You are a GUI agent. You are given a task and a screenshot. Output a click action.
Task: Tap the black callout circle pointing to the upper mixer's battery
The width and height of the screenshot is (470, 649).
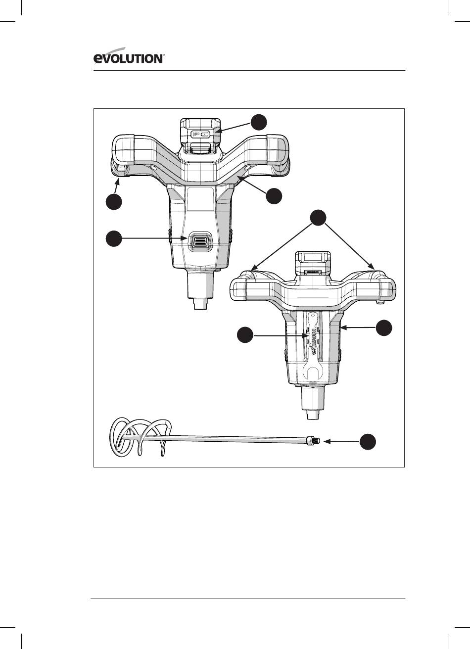coord(259,122)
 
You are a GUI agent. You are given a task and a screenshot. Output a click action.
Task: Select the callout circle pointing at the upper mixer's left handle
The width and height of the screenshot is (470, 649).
coord(114,202)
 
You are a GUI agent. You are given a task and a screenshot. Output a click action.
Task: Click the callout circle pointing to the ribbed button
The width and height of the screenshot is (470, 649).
coord(114,238)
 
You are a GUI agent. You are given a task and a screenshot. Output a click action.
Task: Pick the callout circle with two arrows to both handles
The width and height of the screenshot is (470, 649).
coord(318,218)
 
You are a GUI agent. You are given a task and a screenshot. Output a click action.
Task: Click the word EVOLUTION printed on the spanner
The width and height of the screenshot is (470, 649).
coord(314,342)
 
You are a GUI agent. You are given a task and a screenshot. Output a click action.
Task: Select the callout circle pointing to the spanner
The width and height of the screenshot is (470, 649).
coord(245,335)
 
